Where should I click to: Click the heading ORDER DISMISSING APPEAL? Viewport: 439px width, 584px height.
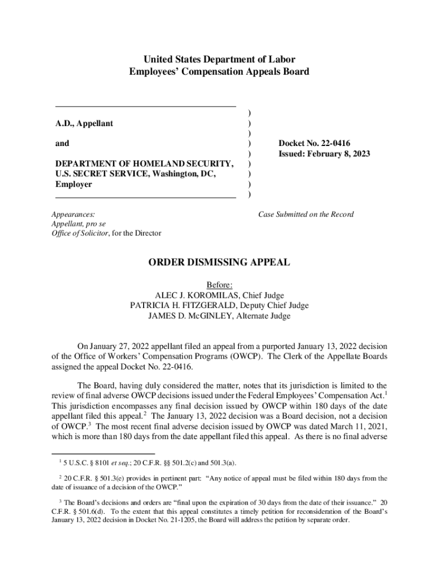(219, 263)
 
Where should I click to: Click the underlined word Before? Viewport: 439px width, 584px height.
(219, 285)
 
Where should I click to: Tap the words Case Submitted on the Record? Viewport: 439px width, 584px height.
(306, 214)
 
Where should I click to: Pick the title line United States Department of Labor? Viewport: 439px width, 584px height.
(219, 59)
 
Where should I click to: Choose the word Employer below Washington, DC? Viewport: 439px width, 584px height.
(73, 184)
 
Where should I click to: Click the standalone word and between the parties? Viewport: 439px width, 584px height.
(62, 144)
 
